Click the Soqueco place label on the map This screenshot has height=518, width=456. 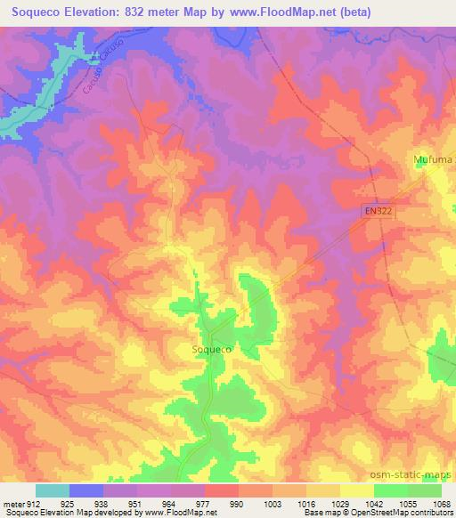click(x=213, y=350)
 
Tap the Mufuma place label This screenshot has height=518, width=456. click(x=433, y=159)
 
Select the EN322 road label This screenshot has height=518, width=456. click(x=378, y=211)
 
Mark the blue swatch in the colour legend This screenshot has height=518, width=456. click(x=86, y=490)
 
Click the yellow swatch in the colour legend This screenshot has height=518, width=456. click(x=356, y=490)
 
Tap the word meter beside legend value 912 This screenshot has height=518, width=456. click(x=15, y=504)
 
